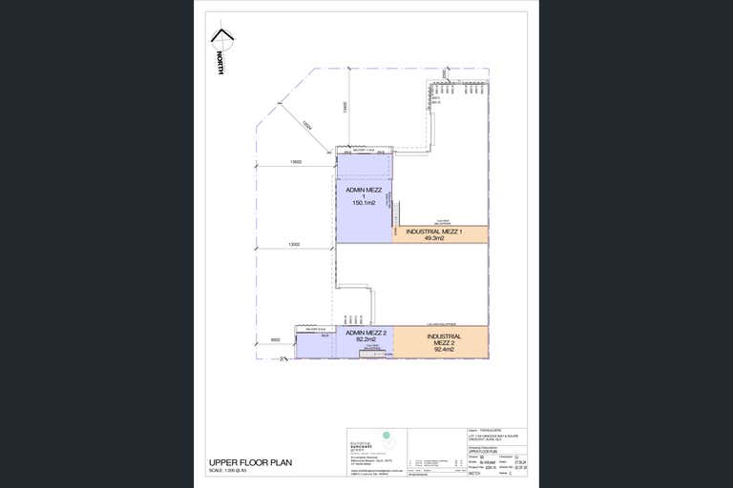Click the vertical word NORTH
click(220, 64)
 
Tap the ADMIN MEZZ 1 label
click(364, 193)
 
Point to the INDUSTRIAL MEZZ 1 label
click(434, 232)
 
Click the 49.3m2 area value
click(435, 239)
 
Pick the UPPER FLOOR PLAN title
click(250, 463)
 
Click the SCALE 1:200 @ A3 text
click(234, 471)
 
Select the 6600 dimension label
click(275, 339)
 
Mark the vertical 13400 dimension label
click(345, 109)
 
